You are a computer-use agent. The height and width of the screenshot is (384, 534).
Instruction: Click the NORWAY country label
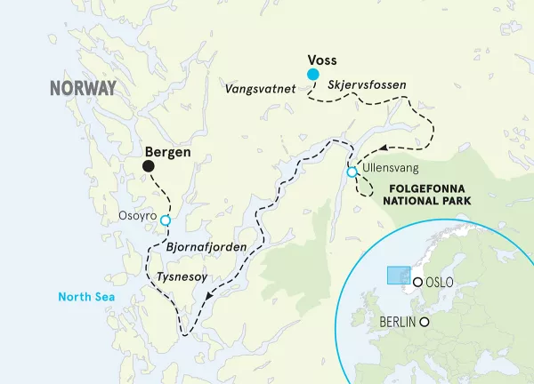[83, 89]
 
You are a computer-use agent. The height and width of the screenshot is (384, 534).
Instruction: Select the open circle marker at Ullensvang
[352, 172]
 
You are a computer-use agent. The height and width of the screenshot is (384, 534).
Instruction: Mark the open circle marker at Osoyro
[165, 222]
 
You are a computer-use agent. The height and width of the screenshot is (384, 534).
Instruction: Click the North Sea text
[82, 297]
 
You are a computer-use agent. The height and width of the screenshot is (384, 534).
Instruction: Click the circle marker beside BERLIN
[425, 322]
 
